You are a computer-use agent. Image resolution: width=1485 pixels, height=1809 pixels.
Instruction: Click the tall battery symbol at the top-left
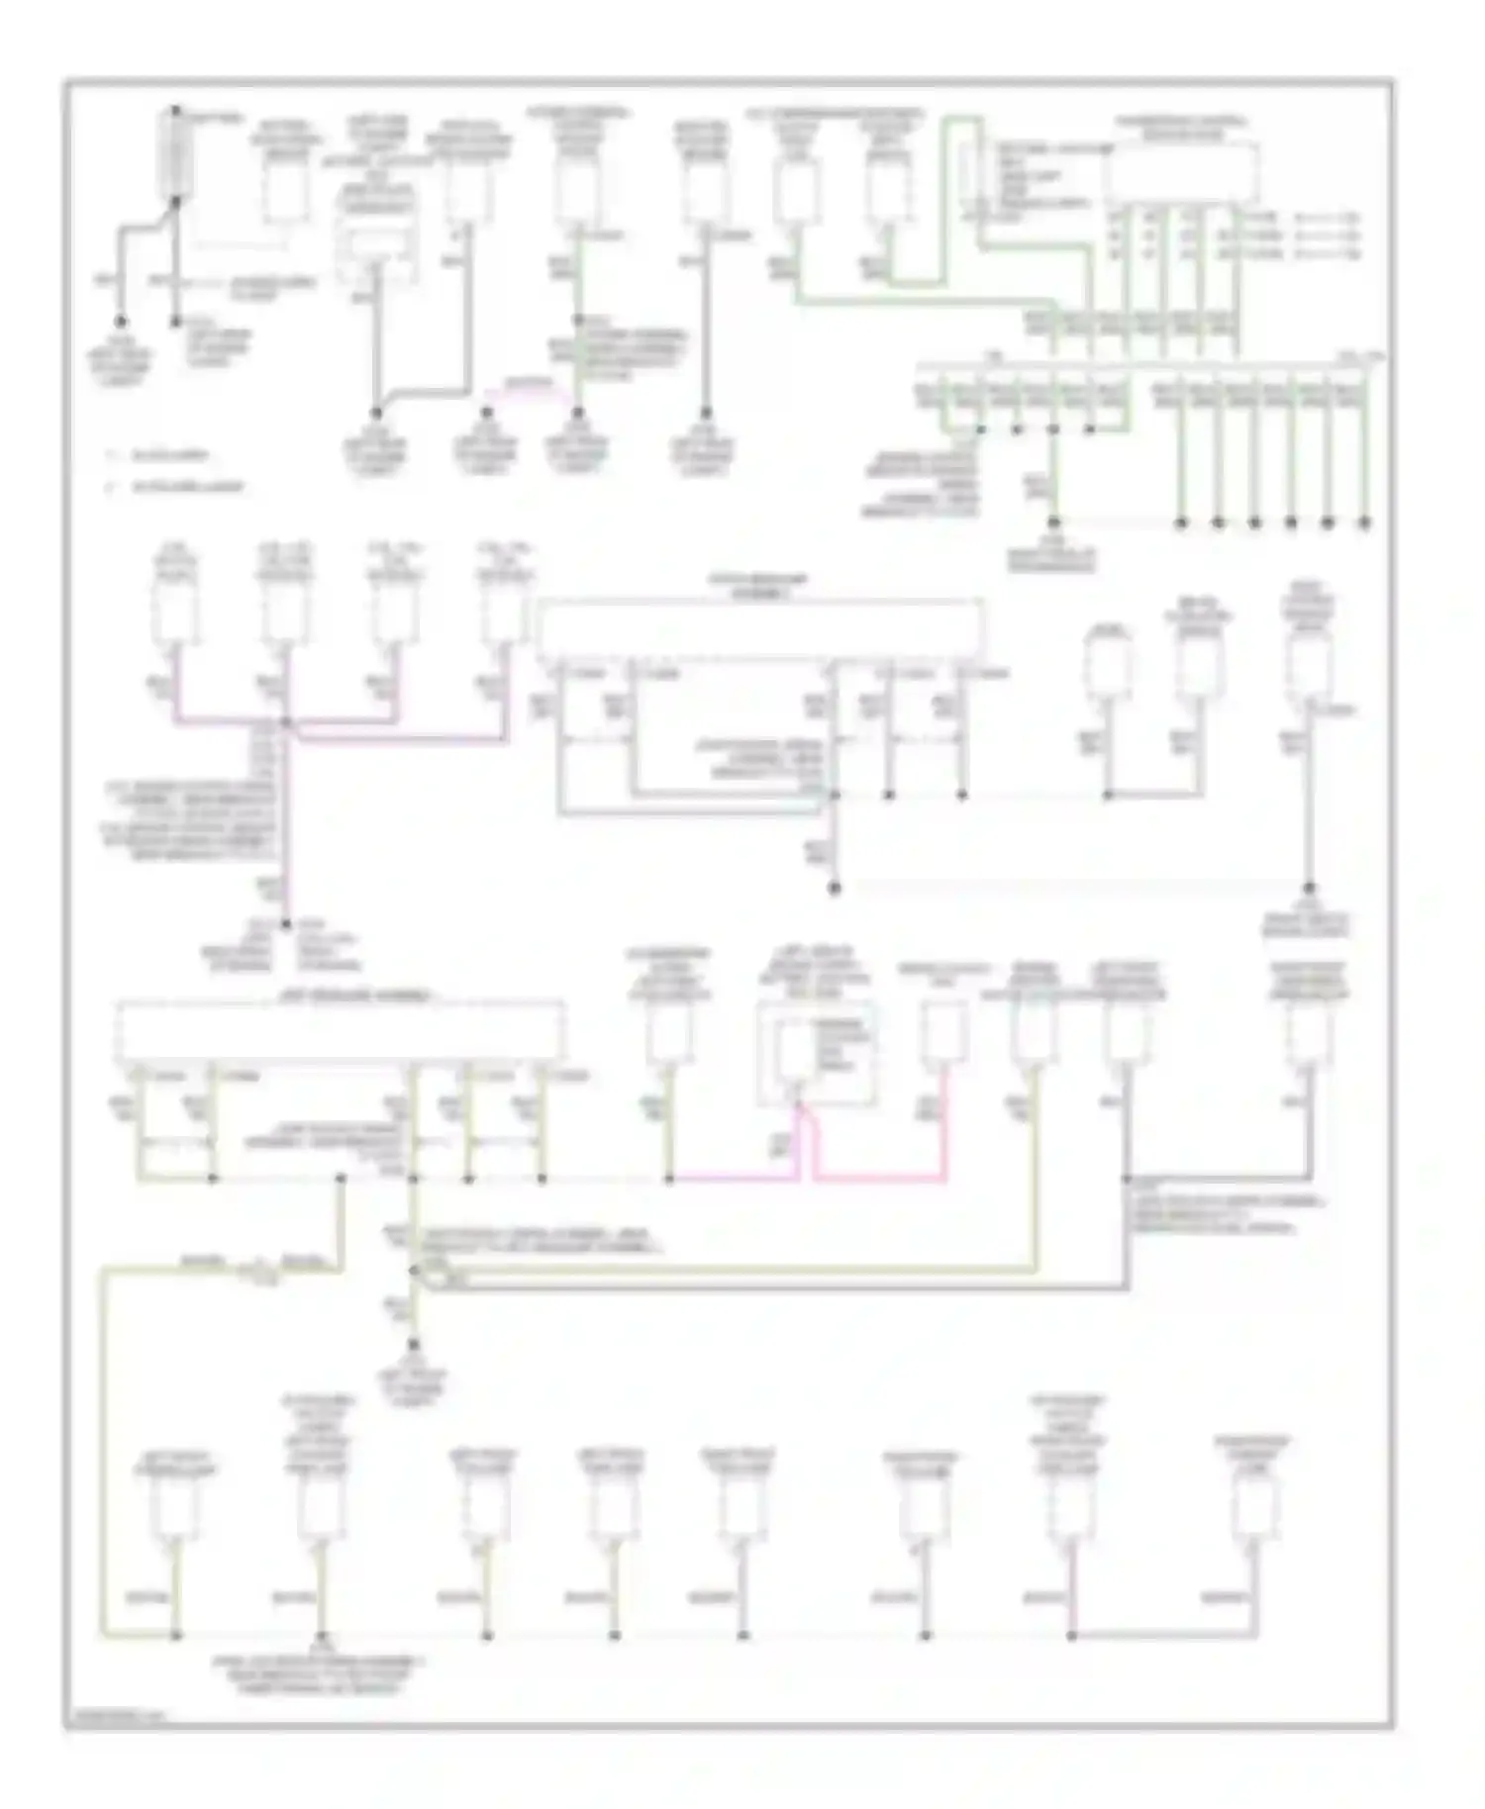click(x=175, y=153)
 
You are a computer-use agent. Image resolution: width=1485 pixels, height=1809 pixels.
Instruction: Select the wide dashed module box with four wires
click(x=1183, y=170)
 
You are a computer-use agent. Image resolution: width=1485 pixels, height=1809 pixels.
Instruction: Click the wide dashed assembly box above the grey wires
click(x=760, y=629)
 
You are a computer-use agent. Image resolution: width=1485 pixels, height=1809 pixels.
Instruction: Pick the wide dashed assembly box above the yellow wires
click(x=342, y=1030)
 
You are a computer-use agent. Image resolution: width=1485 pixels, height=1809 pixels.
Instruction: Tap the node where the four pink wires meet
click(x=286, y=723)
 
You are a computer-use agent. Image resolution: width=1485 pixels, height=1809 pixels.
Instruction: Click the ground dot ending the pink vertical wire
click(x=286, y=924)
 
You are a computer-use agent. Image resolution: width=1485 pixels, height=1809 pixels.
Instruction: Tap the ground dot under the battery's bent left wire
click(x=122, y=322)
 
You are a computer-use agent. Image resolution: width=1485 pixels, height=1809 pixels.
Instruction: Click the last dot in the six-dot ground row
click(x=1365, y=522)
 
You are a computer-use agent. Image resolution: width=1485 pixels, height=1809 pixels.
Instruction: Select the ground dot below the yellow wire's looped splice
click(x=414, y=1345)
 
